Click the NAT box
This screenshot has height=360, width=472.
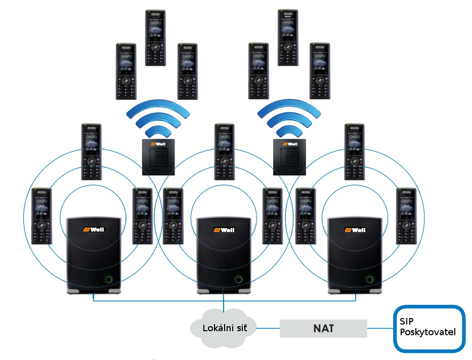324,328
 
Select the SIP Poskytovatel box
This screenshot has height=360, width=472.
430,328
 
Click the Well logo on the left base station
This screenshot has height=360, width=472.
94,230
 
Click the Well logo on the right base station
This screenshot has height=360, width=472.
355,230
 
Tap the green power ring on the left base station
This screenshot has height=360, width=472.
109,280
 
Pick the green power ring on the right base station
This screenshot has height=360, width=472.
370,280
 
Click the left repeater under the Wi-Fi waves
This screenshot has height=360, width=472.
158,156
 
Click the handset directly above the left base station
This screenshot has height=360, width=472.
92,151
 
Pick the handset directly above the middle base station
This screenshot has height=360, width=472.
224,151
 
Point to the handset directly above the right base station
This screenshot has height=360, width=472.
355,151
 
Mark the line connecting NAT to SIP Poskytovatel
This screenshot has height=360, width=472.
381,329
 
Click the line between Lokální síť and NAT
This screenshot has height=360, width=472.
268,328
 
